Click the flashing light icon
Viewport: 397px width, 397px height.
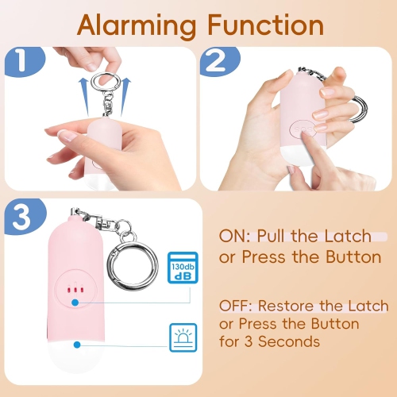pyautogui.click(x=181, y=337)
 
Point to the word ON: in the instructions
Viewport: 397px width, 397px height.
pyautogui.click(x=237, y=237)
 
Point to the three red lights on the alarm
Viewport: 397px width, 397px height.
pyautogui.click(x=74, y=291)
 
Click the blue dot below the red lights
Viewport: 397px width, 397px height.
pyautogui.click(x=74, y=303)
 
